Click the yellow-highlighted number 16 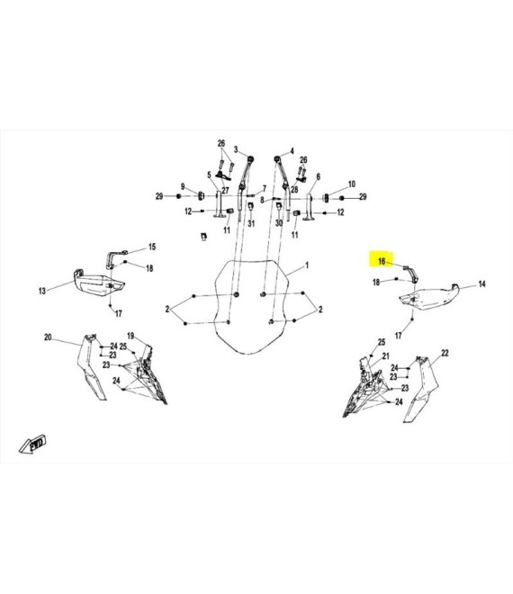tap(382, 261)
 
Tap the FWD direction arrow tap(33, 444)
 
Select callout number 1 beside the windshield tap(307, 265)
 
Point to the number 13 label tap(42, 291)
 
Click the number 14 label tap(481, 283)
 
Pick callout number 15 tap(152, 247)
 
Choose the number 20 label tap(48, 337)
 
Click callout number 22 tap(445, 353)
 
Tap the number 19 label tap(130, 336)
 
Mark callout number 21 tap(386, 356)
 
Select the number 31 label tap(251, 223)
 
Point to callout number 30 tap(279, 223)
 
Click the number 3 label tap(236, 149)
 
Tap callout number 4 tap(292, 151)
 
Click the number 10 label tap(352, 184)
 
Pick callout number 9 tap(183, 187)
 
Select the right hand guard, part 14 tap(429, 297)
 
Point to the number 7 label tap(264, 188)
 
